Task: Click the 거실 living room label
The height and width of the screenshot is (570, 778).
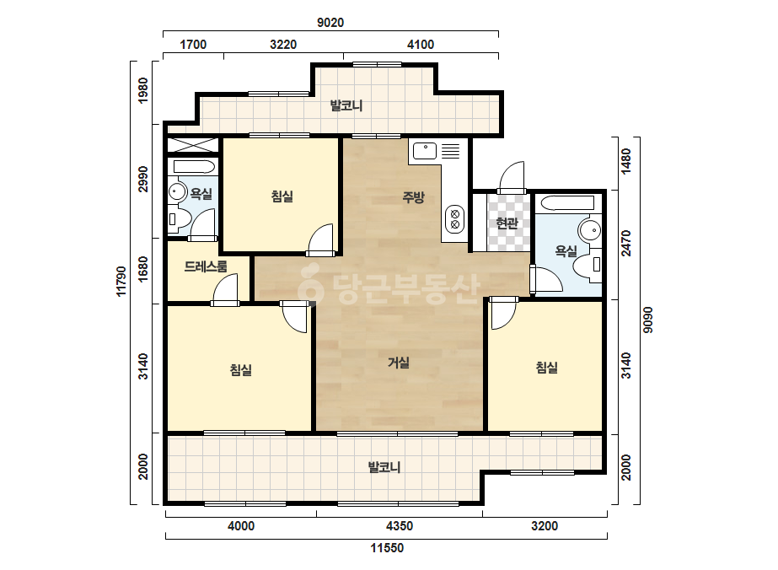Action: (x=399, y=363)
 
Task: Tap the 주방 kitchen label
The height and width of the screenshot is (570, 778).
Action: (x=413, y=197)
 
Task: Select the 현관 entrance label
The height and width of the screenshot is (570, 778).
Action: (x=507, y=223)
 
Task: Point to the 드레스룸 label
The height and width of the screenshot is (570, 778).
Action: (x=206, y=266)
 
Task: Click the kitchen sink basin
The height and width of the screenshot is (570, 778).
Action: (x=425, y=151)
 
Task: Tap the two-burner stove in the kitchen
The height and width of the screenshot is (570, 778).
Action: (x=454, y=219)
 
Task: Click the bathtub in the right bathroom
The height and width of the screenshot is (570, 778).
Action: (x=567, y=203)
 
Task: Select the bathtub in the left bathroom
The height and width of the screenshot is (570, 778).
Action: (x=193, y=166)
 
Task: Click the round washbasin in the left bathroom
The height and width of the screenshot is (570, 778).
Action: (x=176, y=191)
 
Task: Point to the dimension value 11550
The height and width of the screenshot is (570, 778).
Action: (x=387, y=548)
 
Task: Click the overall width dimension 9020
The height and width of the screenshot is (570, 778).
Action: (x=330, y=22)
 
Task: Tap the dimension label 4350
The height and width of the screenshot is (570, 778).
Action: (x=400, y=525)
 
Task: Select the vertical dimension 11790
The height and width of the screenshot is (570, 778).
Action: (x=121, y=282)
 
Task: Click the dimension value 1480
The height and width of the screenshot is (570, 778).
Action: (x=626, y=161)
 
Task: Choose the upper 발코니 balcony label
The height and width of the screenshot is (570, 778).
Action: (x=346, y=105)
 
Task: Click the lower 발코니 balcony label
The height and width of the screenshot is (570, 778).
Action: (x=384, y=467)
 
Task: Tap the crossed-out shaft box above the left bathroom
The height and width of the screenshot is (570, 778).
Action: (x=192, y=145)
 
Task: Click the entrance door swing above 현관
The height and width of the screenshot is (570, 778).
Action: (x=512, y=177)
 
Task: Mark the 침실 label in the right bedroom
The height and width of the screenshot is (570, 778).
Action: (x=546, y=367)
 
